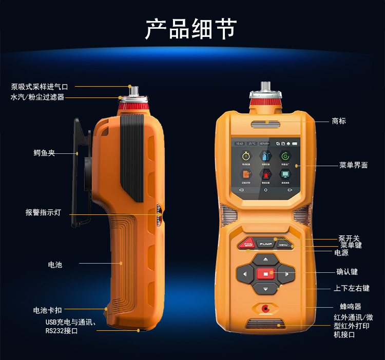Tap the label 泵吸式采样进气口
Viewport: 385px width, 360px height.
coord(40,87)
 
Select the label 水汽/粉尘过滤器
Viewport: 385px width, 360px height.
coord(37,97)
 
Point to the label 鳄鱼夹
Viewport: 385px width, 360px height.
coord(44,153)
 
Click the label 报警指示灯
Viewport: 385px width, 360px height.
coord(43,212)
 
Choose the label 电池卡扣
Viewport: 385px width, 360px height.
coord(47,310)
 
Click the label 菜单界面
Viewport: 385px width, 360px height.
coord(353,165)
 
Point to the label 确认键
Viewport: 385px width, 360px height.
coord(347,272)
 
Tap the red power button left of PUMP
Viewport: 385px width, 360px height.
coord(247,244)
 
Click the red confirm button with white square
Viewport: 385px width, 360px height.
coord(265,274)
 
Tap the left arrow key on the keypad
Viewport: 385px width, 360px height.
coord(245,274)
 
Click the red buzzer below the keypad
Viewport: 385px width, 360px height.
coord(265,308)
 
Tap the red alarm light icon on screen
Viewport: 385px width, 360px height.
coord(265,174)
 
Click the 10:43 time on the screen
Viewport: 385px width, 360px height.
coord(240,144)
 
